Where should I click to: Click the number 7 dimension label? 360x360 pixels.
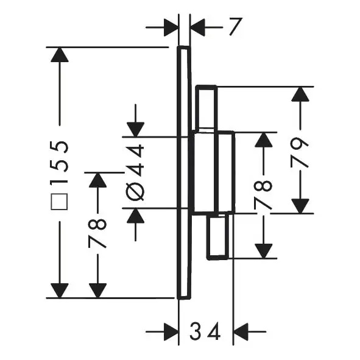[x=236, y=27]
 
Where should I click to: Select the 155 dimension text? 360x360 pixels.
[x=60, y=163]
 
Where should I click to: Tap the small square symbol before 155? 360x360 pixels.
[x=59, y=202]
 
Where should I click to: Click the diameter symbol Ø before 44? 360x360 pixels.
[x=135, y=191]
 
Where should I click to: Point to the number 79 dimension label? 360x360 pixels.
[x=299, y=153]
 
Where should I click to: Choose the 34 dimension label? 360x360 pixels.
[x=205, y=331]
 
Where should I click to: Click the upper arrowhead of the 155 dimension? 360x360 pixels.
[x=60, y=55]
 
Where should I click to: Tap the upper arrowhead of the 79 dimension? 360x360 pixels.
[x=300, y=94]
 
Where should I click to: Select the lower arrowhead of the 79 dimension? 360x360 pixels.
[x=300, y=206]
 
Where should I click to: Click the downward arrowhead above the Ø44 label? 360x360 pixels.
[x=135, y=130]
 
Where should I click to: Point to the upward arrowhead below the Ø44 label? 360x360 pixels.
[x=135, y=216]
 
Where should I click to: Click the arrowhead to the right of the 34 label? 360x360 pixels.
[x=241, y=331]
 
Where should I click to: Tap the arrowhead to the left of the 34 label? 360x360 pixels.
[x=171, y=331]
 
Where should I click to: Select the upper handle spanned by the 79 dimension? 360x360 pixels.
[x=206, y=108]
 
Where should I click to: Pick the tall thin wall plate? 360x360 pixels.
[x=184, y=172]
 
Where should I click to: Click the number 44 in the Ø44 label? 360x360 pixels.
[x=135, y=160]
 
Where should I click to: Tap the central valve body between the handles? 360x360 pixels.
[x=213, y=172]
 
